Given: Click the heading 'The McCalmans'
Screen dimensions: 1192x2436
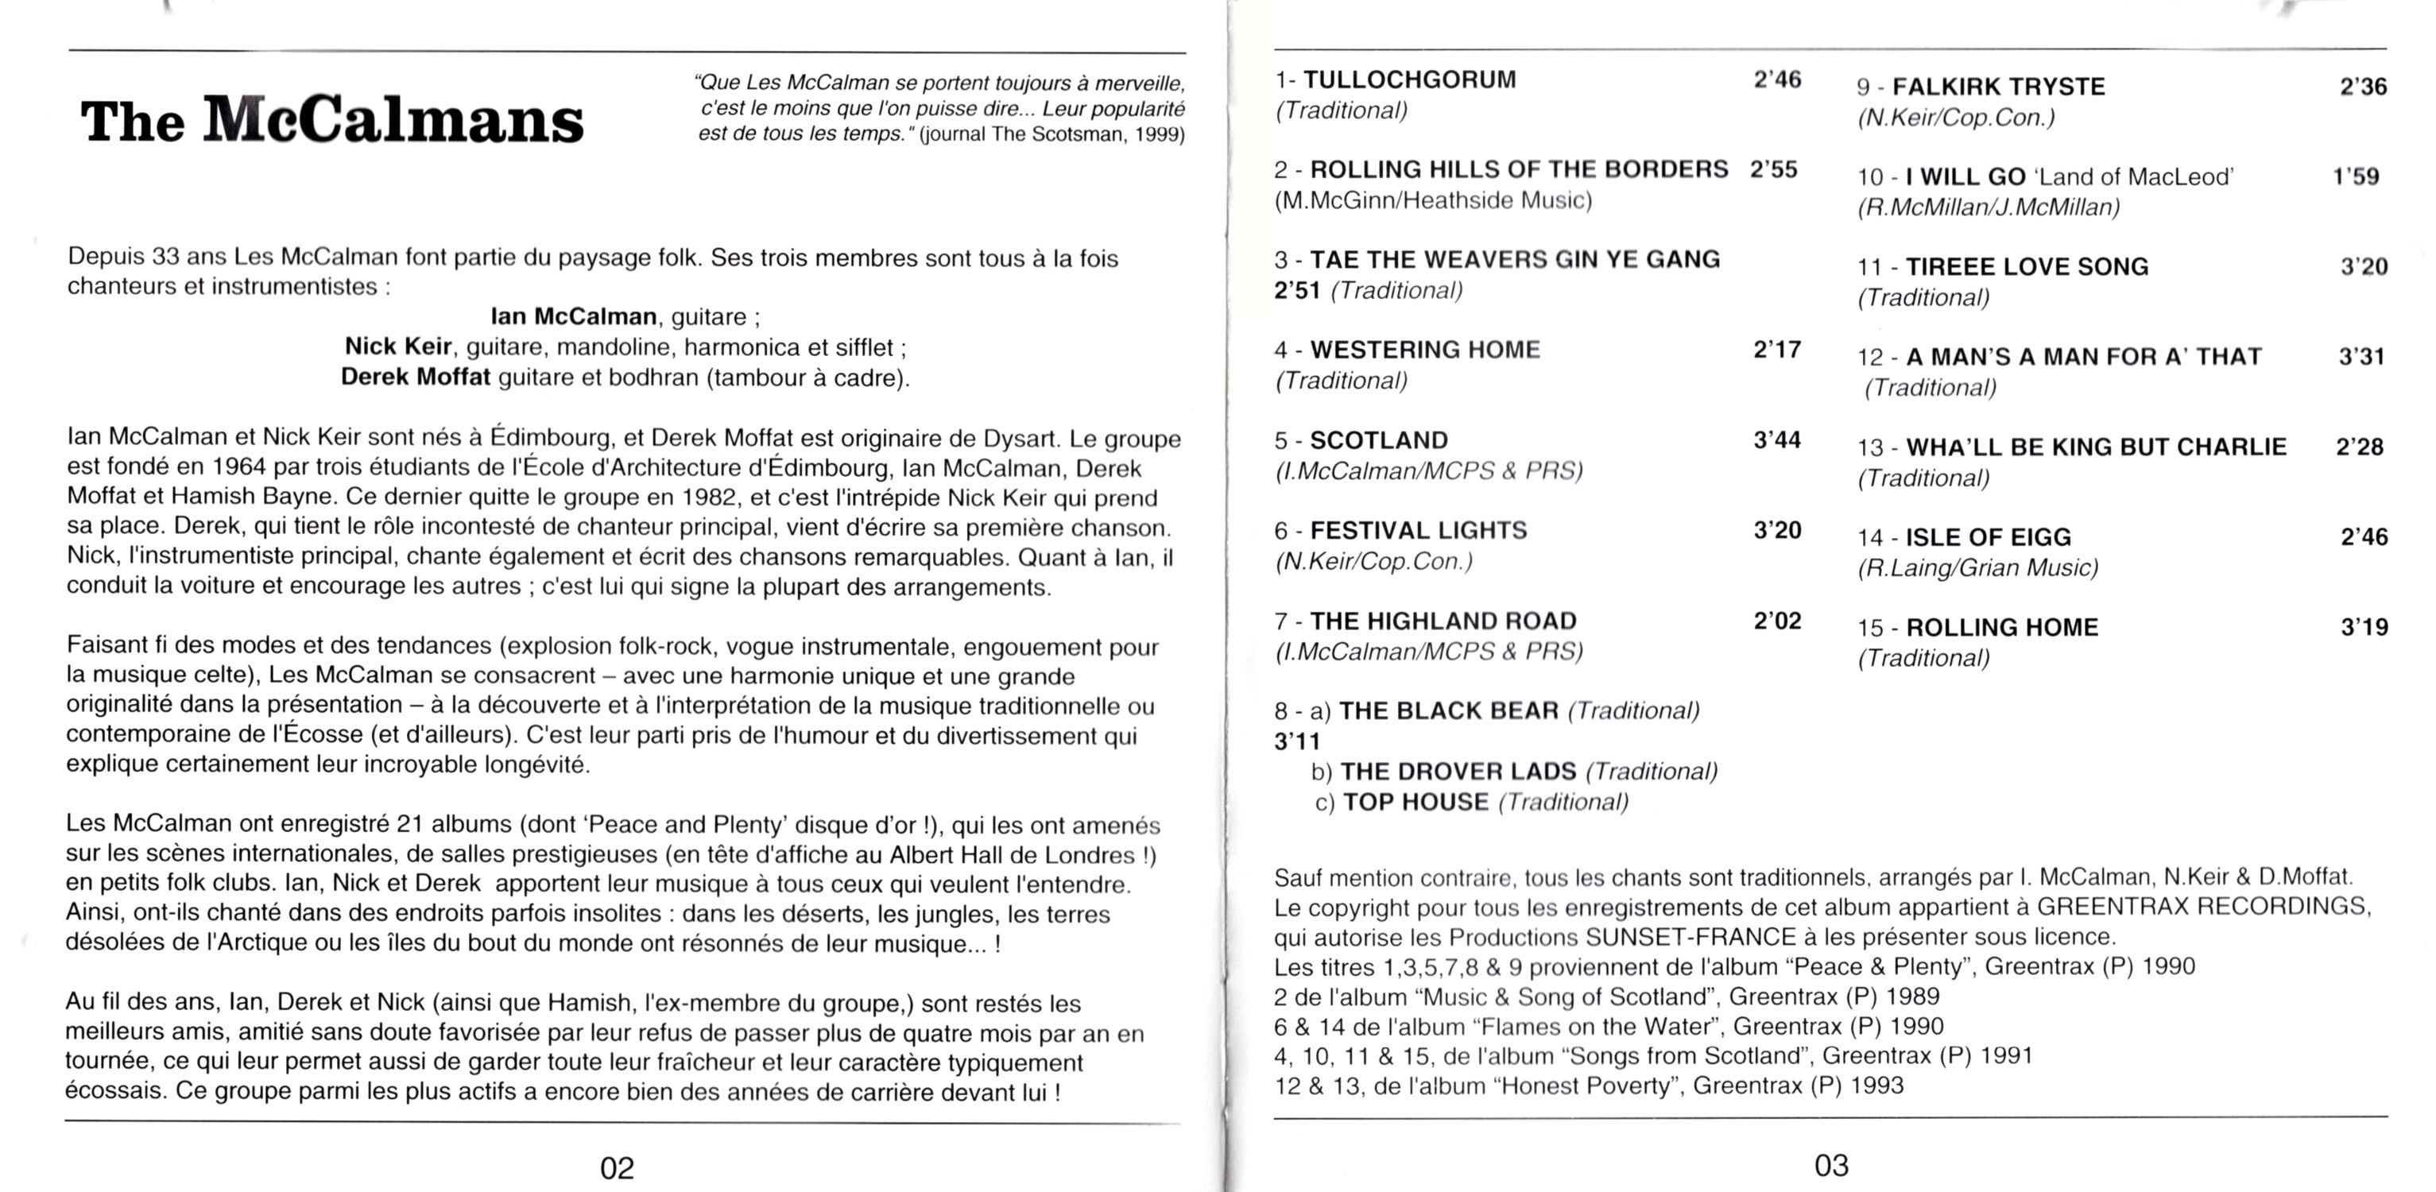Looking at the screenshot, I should pos(332,121).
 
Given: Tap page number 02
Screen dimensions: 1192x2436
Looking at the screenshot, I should pos(617,1168).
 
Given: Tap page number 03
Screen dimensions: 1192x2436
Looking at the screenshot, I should pos(1831,1165).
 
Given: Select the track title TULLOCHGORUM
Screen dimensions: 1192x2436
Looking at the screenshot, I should pos(1409,79).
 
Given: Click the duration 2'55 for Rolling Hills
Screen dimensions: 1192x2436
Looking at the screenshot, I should pos(1773,169).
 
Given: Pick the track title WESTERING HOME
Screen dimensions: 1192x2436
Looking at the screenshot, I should pos(1424,350).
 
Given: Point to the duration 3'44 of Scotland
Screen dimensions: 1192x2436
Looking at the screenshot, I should pos(1777,439).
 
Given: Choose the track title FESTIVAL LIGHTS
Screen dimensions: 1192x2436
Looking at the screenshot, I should pos(1419,530).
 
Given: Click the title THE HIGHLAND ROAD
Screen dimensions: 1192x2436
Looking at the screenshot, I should pos(1443,621).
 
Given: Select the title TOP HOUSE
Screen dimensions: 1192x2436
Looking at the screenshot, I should pos(1416,802).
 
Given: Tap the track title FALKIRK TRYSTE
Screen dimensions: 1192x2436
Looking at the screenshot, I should pos(1998,87).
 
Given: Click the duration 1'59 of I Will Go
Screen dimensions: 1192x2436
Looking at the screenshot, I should pos(2356,176).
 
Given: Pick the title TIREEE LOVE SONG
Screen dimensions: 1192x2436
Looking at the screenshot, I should pos(2027,266).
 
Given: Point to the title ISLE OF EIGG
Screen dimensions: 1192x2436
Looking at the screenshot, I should pos(1988,537).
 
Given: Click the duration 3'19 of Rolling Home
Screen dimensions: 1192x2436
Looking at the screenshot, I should pos(2363,627).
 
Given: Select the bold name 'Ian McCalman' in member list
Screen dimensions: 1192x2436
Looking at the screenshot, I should pos(573,315).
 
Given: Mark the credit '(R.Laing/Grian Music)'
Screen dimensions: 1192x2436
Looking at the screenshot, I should pos(1977,567).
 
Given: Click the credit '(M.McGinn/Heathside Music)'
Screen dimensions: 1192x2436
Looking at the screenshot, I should pos(1433,199).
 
